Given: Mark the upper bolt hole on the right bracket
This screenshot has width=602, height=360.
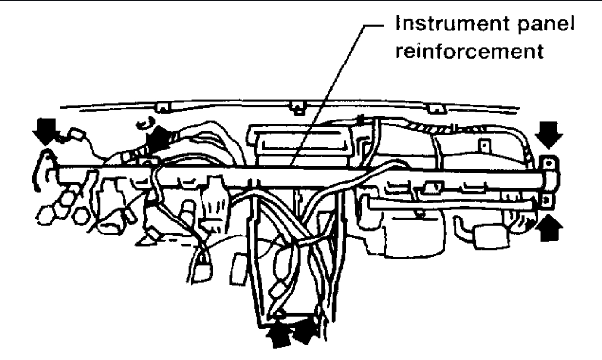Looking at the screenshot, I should [x=549, y=163].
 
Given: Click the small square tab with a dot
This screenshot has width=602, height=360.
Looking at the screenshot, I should [x=484, y=144].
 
